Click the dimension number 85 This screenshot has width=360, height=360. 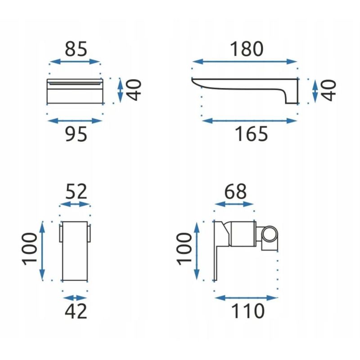coord(76,49)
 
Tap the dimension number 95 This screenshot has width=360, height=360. coord(76,134)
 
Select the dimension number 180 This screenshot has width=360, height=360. coord(246,49)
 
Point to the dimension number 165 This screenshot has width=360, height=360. coord(252,134)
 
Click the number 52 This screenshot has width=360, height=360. coord(76,191)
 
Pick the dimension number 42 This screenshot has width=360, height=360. coord(76,311)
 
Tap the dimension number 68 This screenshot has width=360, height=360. coord(235,191)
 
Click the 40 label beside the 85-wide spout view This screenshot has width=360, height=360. coord(134,90)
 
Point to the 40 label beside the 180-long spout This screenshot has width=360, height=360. coord(328,90)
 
